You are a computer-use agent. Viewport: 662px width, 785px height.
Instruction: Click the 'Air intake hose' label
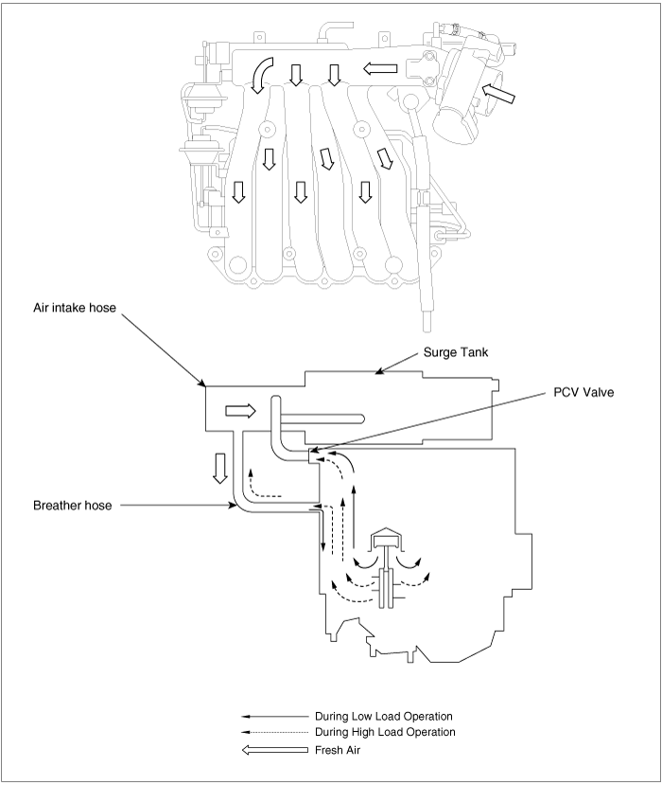[x=75, y=308]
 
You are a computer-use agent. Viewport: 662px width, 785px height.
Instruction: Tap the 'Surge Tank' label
[x=456, y=352]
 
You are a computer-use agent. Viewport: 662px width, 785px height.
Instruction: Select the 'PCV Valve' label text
[x=584, y=392]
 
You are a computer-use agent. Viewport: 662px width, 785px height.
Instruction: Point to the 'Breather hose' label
[x=73, y=505]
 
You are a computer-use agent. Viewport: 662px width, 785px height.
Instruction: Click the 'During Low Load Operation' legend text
[x=384, y=717]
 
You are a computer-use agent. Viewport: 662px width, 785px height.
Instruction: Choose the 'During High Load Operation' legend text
[x=385, y=732]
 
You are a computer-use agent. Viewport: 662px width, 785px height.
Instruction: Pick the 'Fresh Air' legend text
[x=338, y=750]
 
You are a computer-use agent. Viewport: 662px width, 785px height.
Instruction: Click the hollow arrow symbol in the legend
[x=275, y=750]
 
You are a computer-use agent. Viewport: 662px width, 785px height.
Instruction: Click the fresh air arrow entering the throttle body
[x=498, y=94]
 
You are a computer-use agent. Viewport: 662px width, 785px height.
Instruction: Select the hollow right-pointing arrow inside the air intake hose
[x=241, y=411]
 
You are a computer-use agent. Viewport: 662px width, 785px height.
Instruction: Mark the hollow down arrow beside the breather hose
[x=219, y=468]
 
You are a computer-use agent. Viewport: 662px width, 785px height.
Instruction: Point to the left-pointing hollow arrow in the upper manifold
[x=380, y=68]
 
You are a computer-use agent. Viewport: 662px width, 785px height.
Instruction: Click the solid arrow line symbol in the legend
[x=274, y=717]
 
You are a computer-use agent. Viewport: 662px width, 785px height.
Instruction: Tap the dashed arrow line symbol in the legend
[x=274, y=732]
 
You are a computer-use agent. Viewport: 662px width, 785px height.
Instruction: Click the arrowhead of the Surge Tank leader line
[x=378, y=371]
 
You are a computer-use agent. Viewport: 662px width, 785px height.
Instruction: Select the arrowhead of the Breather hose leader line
[x=234, y=506]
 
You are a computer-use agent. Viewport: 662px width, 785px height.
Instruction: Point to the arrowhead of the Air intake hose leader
[x=203, y=384]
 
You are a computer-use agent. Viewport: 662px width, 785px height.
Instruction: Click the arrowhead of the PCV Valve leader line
[x=312, y=451]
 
